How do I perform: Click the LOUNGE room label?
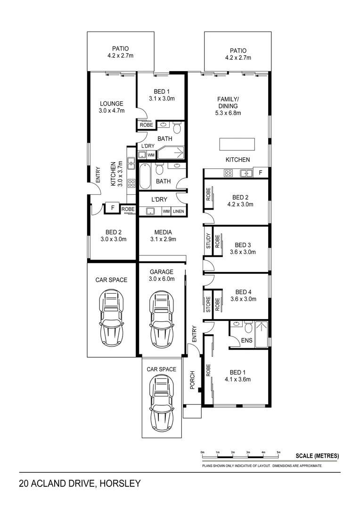pyautogui.click(x=111, y=104)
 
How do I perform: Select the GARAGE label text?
pyautogui.click(x=162, y=272)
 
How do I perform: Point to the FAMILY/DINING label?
pyautogui.click(x=228, y=102)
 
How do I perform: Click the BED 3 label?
pyautogui.click(x=243, y=245)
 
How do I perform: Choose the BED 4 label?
pyautogui.click(x=243, y=292)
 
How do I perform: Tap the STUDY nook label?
pyautogui.click(x=208, y=241)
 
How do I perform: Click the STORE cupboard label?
pyautogui.click(x=208, y=302)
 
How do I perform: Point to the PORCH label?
pyautogui.click(x=192, y=380)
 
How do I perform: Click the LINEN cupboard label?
pyautogui.click(x=178, y=212)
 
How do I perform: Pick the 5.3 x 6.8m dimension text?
pyautogui.click(x=228, y=113)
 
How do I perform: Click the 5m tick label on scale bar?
pyautogui.click(x=279, y=452)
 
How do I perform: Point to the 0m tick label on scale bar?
pyautogui.click(x=203, y=452)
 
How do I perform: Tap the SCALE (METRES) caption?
pyautogui.click(x=317, y=456)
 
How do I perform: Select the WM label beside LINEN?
pyautogui.click(x=166, y=212)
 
